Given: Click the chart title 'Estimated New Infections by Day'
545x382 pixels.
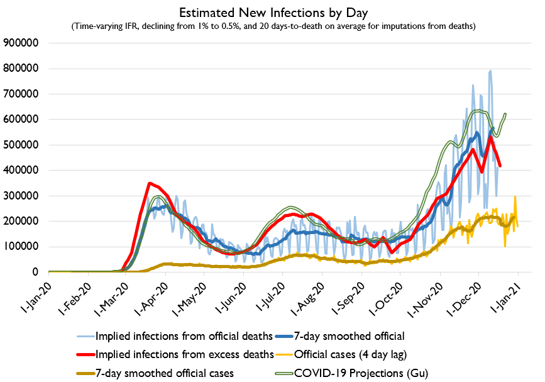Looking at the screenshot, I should (x=272, y=12).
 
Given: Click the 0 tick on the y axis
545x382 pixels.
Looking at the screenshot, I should (x=37, y=272).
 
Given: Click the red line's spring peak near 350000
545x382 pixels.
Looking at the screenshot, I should (x=149, y=184).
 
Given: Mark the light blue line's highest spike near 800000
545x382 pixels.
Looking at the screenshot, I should (x=490, y=71).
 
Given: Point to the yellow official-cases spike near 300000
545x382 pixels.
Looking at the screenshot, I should (x=515, y=197).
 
